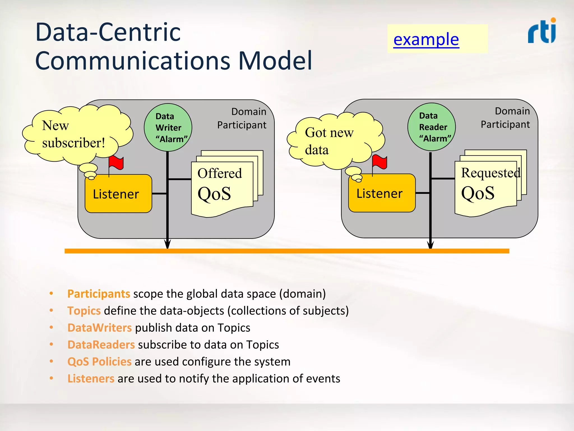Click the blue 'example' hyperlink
pos(426,39)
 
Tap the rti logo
pos(542,31)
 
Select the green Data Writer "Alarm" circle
pos(168,128)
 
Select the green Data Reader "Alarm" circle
pos(431,127)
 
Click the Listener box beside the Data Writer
pos(118,194)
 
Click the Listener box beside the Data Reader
pos(382,193)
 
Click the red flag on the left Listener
pos(116,162)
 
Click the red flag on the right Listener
pos(380,162)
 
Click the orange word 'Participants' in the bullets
pos(99,294)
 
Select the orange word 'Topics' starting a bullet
pos(84,311)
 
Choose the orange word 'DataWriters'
pos(99,328)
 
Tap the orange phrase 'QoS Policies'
pos(99,362)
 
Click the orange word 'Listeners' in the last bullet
pos(91,379)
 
